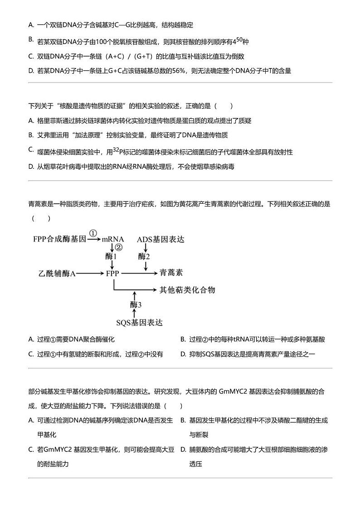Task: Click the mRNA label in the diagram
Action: tap(113, 239)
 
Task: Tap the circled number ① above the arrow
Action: tap(93, 233)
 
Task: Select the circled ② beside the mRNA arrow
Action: tap(119, 247)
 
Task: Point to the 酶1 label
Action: tap(112, 256)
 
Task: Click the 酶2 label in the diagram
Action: tap(144, 256)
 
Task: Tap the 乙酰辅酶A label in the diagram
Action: tap(57, 274)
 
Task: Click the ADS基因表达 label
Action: tap(161, 239)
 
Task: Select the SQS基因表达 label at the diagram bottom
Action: tap(139, 323)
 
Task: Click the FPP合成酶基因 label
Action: tap(59, 239)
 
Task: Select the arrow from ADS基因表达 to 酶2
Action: tap(145, 247)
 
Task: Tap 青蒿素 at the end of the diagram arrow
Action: tap(171, 273)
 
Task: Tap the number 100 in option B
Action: tap(101, 42)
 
